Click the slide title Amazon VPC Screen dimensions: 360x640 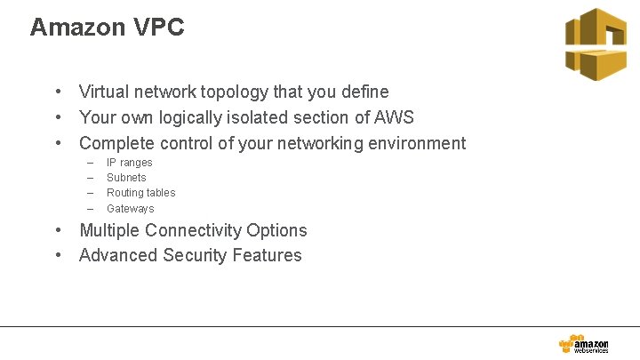(x=107, y=28)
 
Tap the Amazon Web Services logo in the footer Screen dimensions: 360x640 (x=584, y=345)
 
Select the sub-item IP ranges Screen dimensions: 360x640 (x=129, y=163)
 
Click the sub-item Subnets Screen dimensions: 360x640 (x=126, y=178)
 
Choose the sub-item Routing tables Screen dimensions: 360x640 (x=140, y=193)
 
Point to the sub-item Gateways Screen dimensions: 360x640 (x=130, y=209)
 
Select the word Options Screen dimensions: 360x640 (x=279, y=230)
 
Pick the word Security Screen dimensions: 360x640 (x=195, y=256)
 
